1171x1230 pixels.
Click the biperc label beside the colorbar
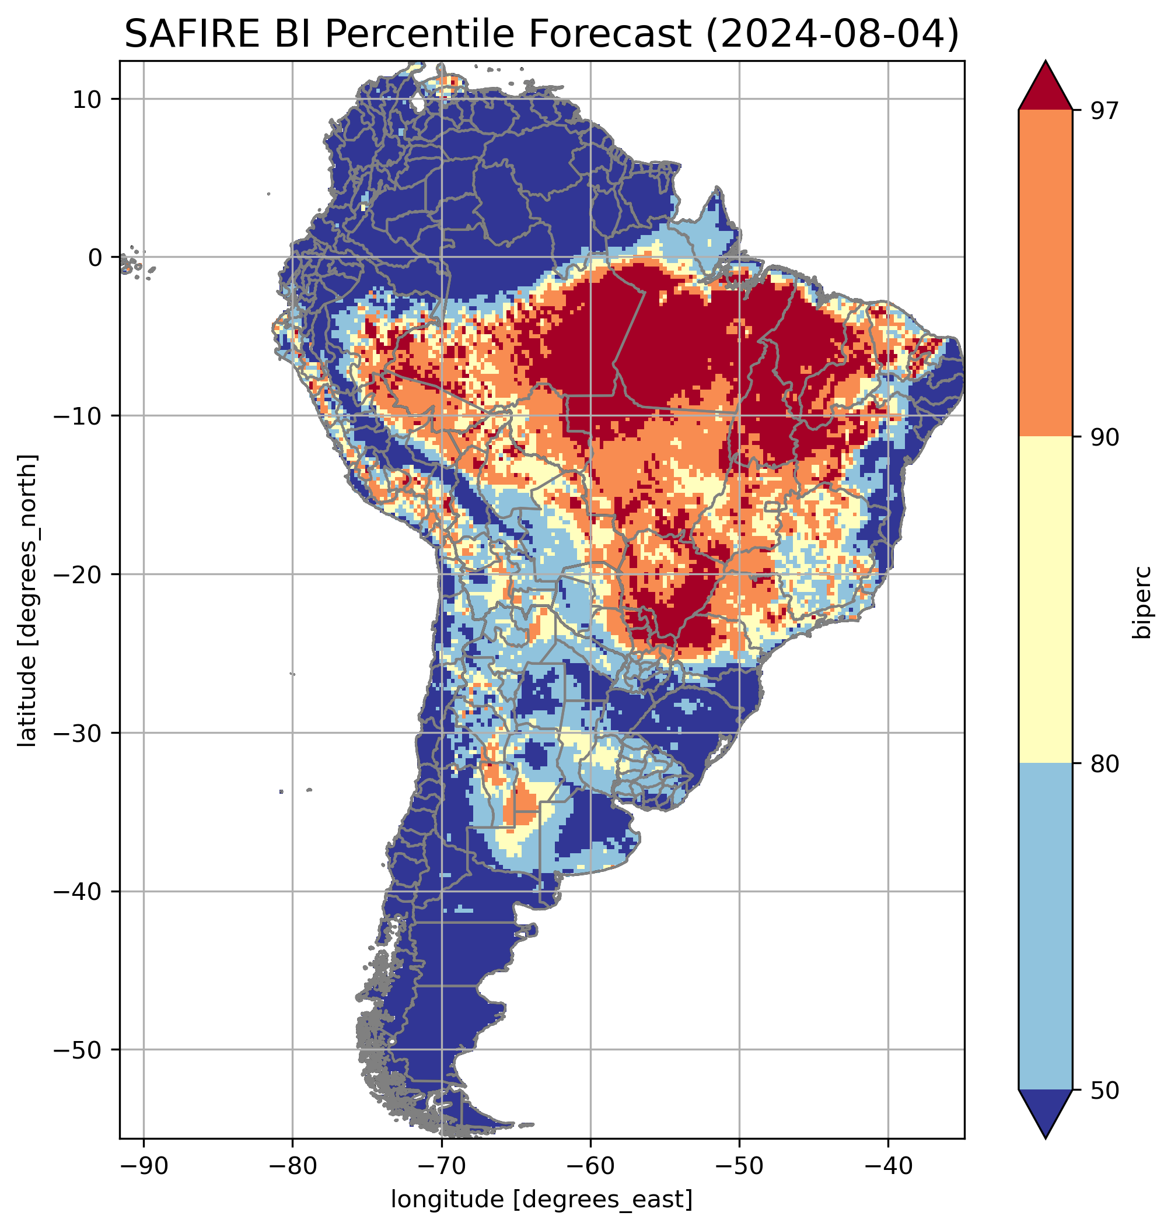point(1142,602)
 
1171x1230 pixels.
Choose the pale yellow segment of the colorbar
point(1045,601)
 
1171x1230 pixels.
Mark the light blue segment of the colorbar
point(1045,928)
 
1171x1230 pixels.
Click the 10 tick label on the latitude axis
point(88,100)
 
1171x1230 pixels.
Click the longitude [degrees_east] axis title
point(541,1199)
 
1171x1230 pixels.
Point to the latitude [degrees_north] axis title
point(27,600)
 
